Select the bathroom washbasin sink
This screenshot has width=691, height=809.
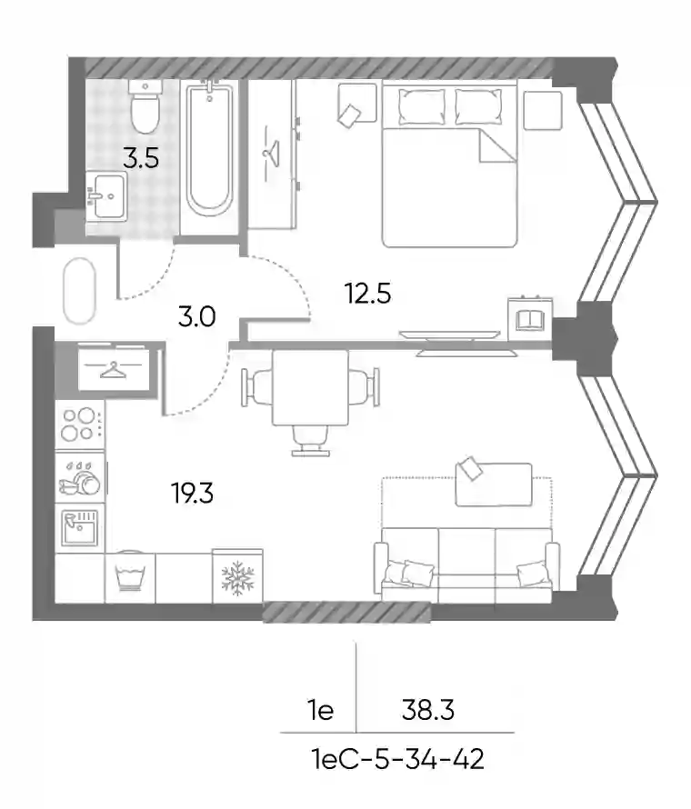[106, 196]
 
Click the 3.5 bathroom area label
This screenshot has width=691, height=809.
[141, 158]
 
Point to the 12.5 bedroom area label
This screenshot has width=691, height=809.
[368, 295]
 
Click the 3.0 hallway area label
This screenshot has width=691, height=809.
[196, 316]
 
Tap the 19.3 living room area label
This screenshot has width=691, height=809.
[192, 494]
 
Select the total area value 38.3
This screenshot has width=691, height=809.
[428, 710]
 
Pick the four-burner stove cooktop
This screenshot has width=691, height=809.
[80, 424]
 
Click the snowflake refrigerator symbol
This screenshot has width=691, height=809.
[237, 576]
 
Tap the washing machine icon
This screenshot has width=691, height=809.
[130, 576]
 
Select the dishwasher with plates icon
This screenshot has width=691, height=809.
[80, 477]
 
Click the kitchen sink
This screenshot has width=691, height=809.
[79, 528]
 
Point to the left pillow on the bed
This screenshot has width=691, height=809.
[422, 106]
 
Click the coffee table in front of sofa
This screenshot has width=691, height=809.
[494, 484]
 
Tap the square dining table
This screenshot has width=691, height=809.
[310, 387]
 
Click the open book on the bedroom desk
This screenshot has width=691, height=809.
[530, 320]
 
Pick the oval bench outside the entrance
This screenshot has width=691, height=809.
[79, 291]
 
